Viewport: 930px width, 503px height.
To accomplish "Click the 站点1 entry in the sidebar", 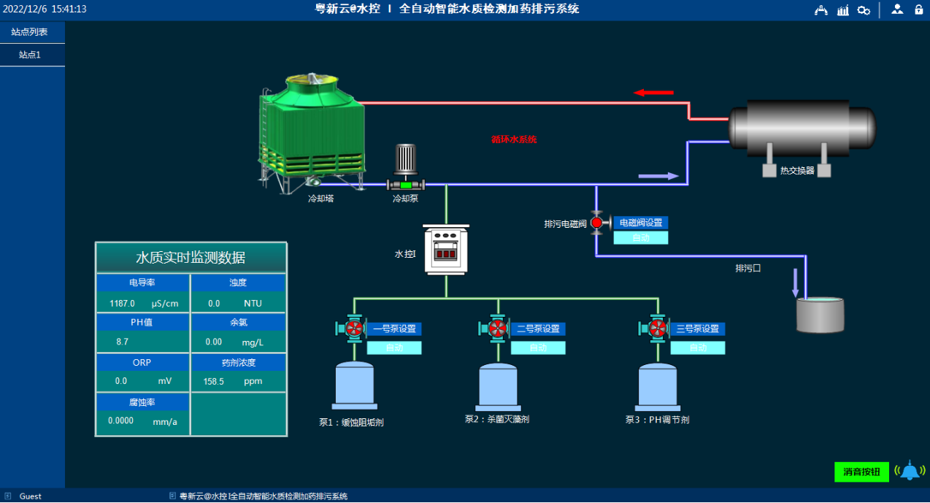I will point(30,55).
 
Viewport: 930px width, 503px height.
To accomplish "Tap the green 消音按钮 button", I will point(861,472).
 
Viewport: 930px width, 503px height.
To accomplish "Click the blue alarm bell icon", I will point(909,471).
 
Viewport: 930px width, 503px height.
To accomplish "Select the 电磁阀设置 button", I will point(640,223).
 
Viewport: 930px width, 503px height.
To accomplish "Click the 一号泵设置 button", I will point(394,329).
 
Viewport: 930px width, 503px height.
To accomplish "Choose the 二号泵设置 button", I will point(538,329).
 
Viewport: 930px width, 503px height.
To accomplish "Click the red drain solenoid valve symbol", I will point(596,223).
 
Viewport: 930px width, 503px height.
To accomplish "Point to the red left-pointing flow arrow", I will point(653,93).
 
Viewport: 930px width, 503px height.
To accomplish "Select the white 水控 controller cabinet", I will point(445,249).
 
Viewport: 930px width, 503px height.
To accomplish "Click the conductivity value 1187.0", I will point(122,303).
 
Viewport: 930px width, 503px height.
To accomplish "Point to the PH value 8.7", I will point(122,342).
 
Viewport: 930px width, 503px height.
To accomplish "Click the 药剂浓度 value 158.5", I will point(213,381).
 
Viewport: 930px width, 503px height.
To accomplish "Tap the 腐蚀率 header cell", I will point(142,402).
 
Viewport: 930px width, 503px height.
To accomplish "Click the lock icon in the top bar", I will point(918,9).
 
